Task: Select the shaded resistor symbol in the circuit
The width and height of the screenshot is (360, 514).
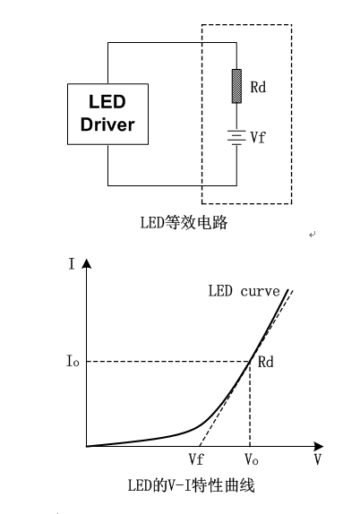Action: pos(236,86)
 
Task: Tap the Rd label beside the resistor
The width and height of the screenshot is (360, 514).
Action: pos(258,87)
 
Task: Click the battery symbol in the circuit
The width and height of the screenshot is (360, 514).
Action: pos(236,137)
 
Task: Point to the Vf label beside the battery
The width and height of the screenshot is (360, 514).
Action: pos(258,137)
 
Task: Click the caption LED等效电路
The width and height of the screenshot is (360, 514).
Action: pos(184,223)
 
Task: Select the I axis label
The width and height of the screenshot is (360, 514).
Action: pos(72,264)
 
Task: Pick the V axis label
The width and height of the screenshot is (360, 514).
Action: pos(317,459)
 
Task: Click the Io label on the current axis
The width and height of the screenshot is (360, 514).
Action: pos(73,361)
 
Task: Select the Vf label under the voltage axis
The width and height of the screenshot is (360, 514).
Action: pos(196,458)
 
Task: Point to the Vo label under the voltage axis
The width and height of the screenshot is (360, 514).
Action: pos(251,459)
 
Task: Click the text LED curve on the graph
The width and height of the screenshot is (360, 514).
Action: pos(244,291)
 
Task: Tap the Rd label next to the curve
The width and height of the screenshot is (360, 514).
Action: pos(265,362)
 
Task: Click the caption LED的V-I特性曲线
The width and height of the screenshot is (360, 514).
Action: pos(191,485)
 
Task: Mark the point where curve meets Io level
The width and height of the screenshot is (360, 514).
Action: pos(250,361)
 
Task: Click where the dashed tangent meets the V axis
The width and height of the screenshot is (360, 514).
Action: pos(200,446)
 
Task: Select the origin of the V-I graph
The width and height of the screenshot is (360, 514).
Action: pos(87,446)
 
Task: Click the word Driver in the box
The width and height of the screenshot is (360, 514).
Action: pos(107,124)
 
